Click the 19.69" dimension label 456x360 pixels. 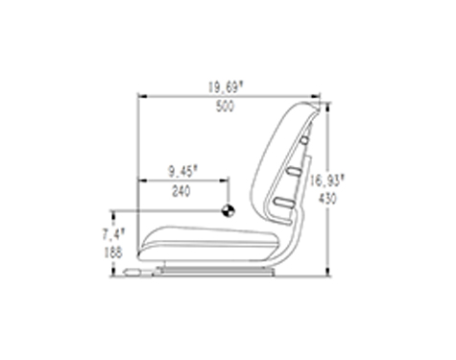(226, 87)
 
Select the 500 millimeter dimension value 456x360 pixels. (225, 107)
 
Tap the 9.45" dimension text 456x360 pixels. (183, 172)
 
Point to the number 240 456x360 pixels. (181, 191)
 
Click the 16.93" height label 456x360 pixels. (326, 180)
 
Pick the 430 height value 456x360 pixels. (327, 199)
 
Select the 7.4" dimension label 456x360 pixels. (113, 234)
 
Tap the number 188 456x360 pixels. (113, 252)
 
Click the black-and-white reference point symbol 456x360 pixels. (228, 210)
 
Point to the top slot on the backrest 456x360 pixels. (304, 140)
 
